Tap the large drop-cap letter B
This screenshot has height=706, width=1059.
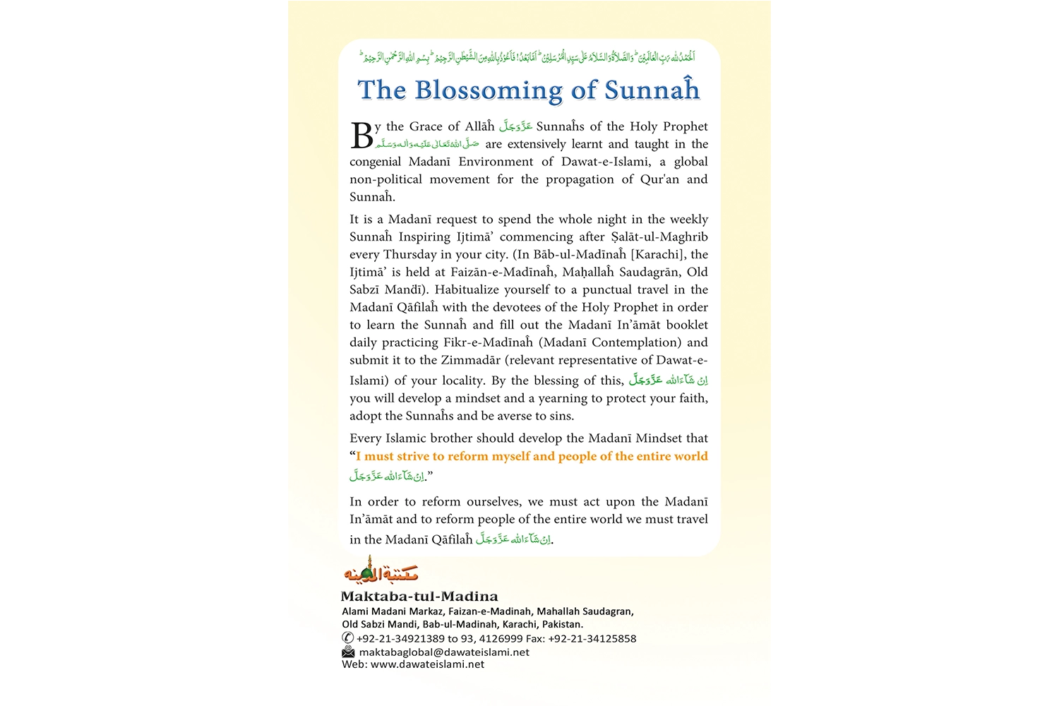coord(361,136)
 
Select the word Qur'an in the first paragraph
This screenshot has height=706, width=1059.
coord(660,179)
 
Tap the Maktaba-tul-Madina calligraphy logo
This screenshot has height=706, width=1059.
coord(381,570)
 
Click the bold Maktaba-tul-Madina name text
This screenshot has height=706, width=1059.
coord(419,597)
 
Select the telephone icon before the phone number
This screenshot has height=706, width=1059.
coord(347,638)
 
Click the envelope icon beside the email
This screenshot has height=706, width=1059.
coord(348,652)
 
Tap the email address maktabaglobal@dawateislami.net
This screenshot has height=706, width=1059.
coord(444,652)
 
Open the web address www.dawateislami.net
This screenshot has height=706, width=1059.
coord(427,664)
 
